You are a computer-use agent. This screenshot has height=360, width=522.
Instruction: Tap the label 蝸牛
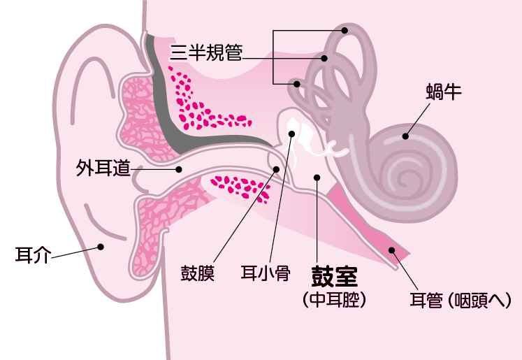[x=442, y=91]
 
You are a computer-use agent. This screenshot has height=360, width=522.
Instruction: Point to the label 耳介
[x=33, y=254]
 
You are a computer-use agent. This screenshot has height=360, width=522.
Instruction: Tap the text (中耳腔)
[x=335, y=299]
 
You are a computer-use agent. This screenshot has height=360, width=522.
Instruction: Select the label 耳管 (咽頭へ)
[x=461, y=301]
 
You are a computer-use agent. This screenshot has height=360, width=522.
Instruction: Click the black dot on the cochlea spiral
[x=403, y=137]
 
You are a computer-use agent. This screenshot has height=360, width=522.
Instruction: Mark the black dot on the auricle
[x=101, y=246]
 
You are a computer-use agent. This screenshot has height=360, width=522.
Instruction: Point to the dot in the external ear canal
[x=179, y=168]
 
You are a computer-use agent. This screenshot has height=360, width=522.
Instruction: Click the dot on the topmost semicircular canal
[x=345, y=31]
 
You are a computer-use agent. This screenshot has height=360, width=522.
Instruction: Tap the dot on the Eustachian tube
[x=392, y=250]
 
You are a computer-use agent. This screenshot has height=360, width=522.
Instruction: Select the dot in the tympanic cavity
[x=317, y=178]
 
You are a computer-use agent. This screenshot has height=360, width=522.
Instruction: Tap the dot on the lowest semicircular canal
[x=297, y=84]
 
